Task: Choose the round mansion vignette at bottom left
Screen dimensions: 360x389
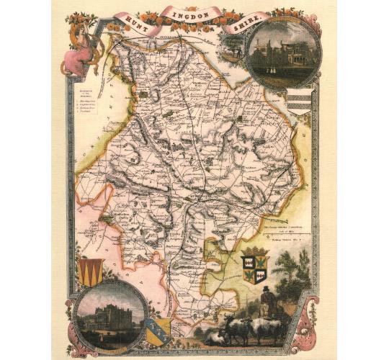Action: tap(106, 314)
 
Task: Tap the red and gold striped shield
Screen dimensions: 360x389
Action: tap(89, 273)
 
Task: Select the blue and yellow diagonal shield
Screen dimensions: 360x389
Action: tap(158, 330)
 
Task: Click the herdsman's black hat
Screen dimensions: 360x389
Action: tap(267, 290)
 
